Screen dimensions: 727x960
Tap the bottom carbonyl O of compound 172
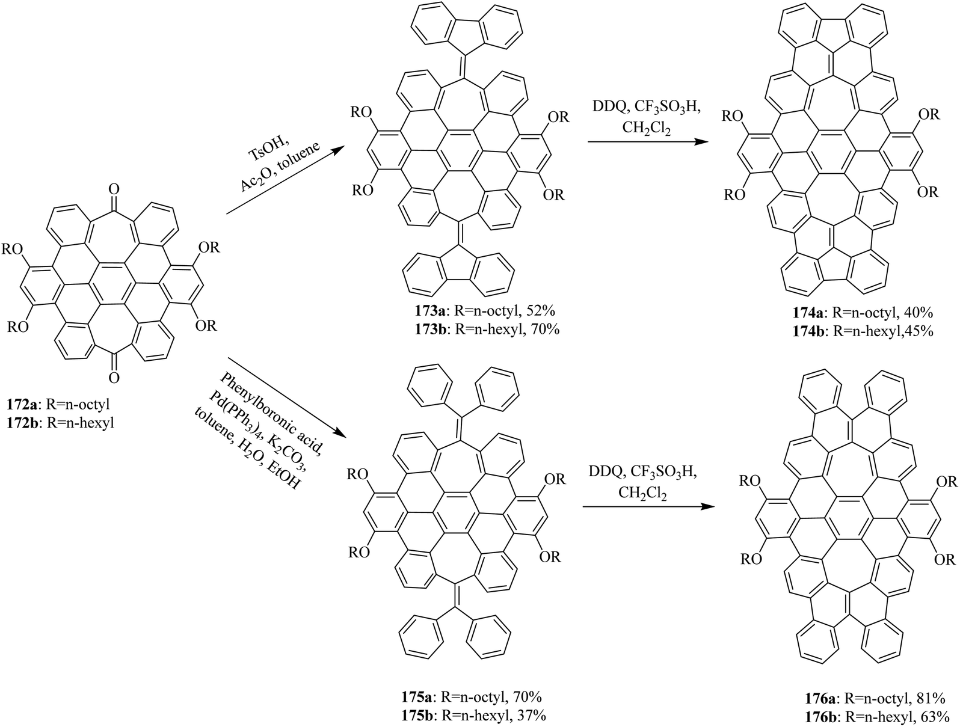pyautogui.click(x=114, y=377)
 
